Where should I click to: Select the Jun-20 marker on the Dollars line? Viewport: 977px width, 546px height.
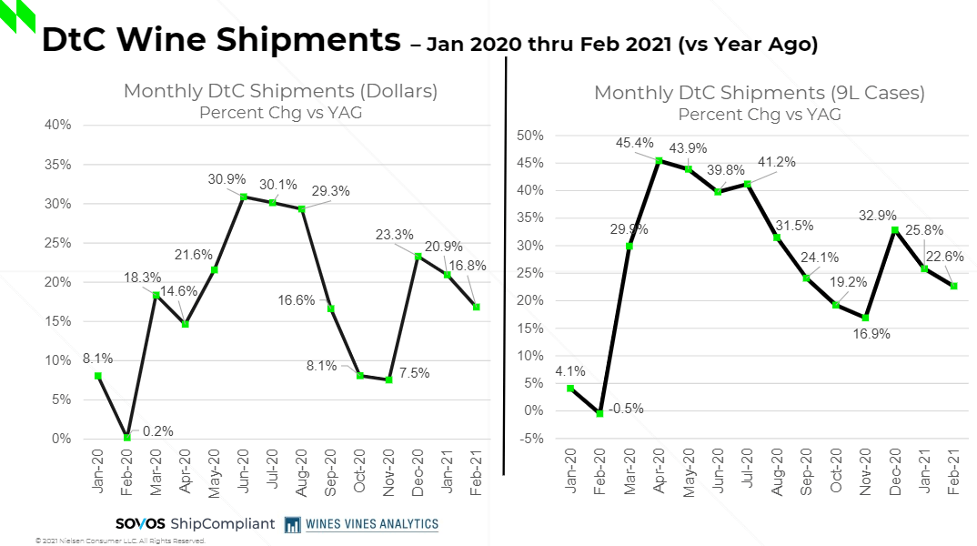point(244,197)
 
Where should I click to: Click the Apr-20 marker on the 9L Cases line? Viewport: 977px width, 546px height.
point(659,161)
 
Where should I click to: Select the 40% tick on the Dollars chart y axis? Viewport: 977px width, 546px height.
point(58,125)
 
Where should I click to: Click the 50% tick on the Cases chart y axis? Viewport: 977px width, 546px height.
point(529,136)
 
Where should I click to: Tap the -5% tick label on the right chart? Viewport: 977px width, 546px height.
point(531,439)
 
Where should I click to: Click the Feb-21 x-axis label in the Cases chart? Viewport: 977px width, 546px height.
point(952,470)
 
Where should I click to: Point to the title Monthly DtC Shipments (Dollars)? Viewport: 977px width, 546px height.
point(280,91)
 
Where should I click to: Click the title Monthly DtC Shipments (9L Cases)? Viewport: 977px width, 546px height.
point(759,93)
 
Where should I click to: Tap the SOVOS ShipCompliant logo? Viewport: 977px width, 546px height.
point(195,523)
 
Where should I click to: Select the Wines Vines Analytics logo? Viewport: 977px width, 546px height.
point(361,523)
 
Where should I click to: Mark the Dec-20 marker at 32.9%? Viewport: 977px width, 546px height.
point(894,230)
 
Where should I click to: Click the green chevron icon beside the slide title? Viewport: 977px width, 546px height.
point(17,15)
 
